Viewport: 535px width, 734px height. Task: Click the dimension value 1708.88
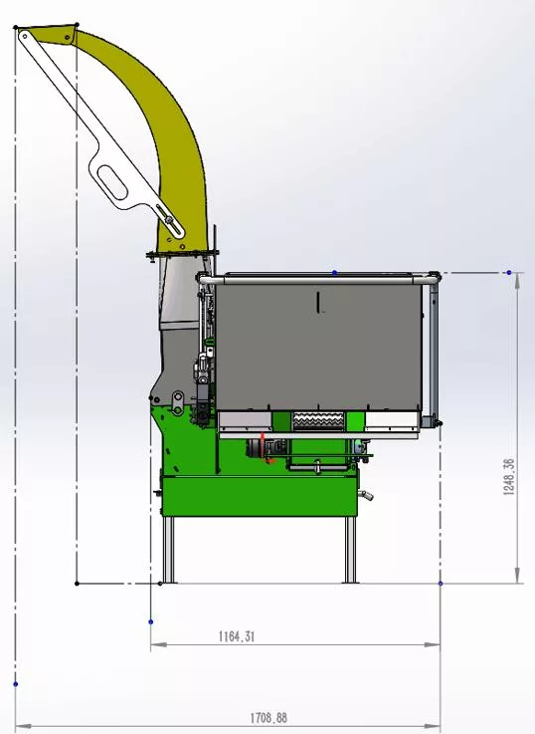[x=268, y=718]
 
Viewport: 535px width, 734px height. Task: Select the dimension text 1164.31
[x=237, y=636]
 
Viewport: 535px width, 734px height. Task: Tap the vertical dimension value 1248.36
[x=509, y=476]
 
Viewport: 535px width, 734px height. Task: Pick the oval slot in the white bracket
[x=113, y=182]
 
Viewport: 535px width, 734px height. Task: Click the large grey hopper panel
[x=318, y=348]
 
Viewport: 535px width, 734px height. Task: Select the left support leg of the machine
[x=168, y=550]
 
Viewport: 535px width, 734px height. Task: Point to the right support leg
[x=350, y=550]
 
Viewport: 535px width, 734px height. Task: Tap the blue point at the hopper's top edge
[x=334, y=272]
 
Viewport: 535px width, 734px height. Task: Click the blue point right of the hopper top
[x=509, y=272]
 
